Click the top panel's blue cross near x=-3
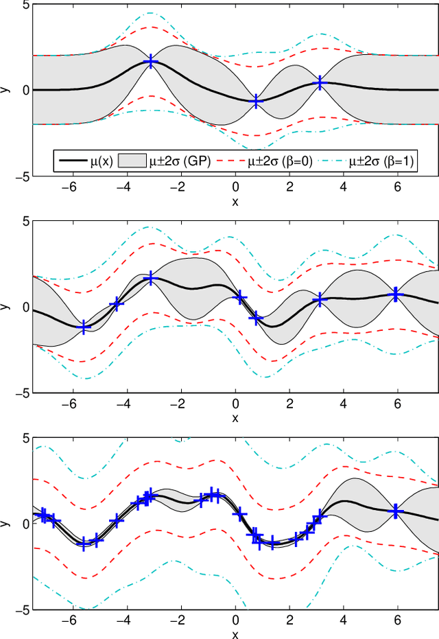pos(151,62)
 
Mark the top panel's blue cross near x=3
pos(320,82)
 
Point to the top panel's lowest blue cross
pos(256,101)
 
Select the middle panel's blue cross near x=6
pos(395,294)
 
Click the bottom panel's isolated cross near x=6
pos(395,511)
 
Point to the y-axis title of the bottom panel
pos(5,523)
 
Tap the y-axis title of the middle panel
pos(5,307)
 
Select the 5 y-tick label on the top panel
pos(25,5)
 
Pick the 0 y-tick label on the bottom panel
pos(25,523)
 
